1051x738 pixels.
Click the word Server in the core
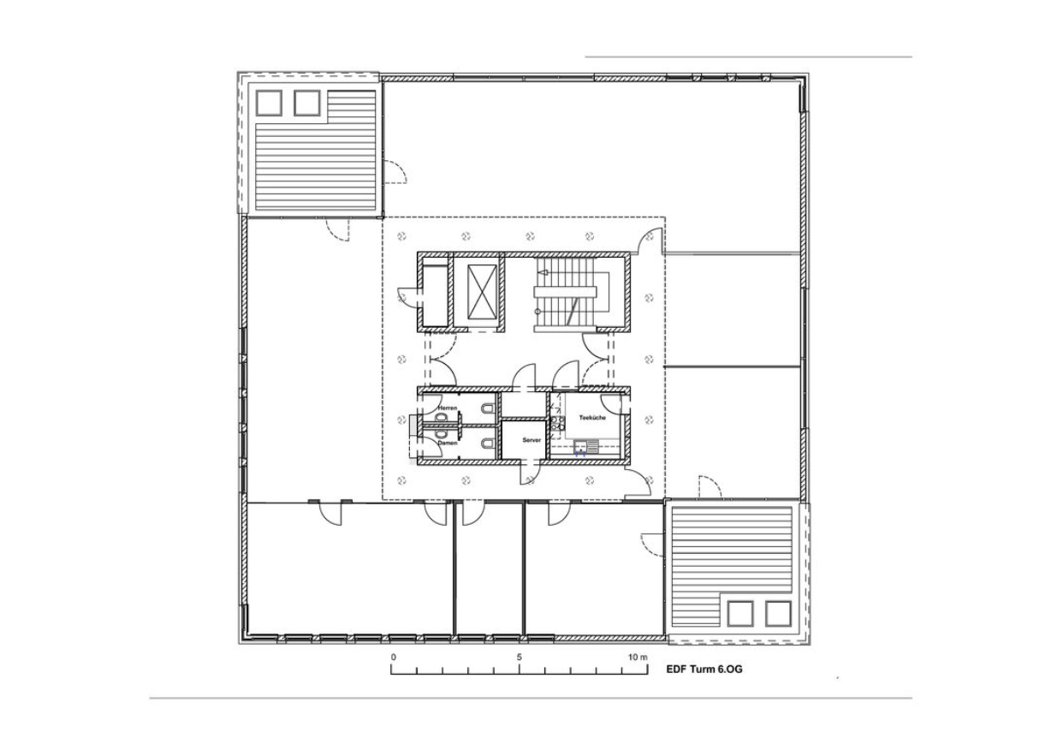531,440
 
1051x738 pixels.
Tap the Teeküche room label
592,417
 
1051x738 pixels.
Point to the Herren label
448,408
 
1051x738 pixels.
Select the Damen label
447,443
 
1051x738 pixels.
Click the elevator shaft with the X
483,291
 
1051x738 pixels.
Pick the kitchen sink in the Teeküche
586,447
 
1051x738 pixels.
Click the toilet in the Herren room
488,409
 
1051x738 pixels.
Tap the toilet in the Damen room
488,443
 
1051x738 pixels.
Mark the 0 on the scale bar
393,658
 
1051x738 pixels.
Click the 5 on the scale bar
519,658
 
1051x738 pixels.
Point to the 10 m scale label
638,658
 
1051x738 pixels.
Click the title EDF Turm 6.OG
704,670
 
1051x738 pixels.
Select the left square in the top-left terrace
269,104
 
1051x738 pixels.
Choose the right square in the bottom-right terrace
778,613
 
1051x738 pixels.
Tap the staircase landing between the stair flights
566,292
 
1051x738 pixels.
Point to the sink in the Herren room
440,417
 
